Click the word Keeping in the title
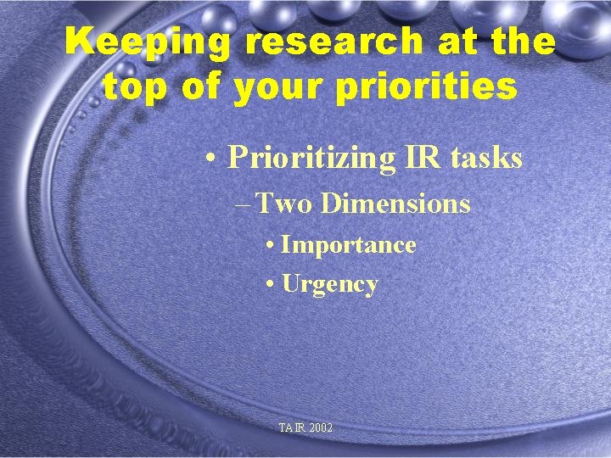tap(135, 42)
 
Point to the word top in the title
tap(132, 86)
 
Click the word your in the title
tap(276, 86)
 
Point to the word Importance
tap(348, 245)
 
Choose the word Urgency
tap(329, 284)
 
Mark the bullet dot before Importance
tap(269, 246)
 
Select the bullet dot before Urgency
tap(269, 284)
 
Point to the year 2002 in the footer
tap(322, 428)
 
